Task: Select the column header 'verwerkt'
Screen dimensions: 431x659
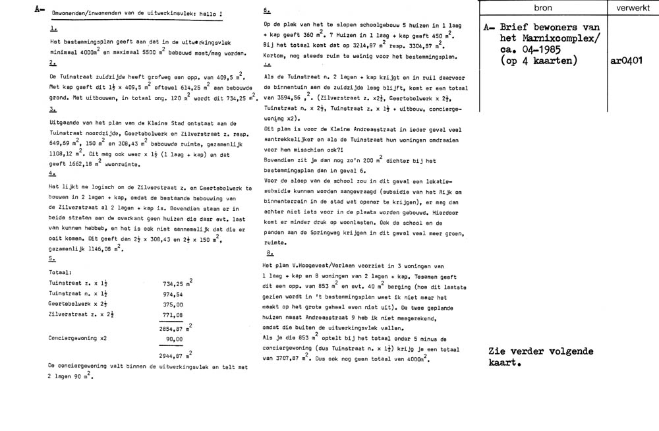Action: point(632,7)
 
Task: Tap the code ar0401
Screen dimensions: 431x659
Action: point(631,61)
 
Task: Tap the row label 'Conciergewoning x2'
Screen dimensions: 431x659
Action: point(76,338)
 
